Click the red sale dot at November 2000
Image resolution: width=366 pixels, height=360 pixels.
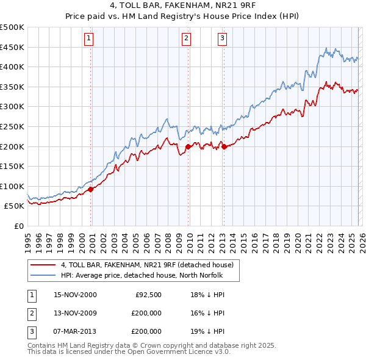pos(91,189)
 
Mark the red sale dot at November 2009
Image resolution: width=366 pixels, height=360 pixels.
pos(188,146)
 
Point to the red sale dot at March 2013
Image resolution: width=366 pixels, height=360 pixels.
pos(224,146)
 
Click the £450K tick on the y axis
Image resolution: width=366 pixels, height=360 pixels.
pos(12,48)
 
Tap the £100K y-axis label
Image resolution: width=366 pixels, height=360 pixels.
pos(12,187)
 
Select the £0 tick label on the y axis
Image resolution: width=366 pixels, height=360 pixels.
pos(18,226)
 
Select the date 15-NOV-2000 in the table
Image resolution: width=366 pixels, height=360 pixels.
pos(75,295)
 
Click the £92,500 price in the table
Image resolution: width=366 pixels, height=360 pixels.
pos(148,295)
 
